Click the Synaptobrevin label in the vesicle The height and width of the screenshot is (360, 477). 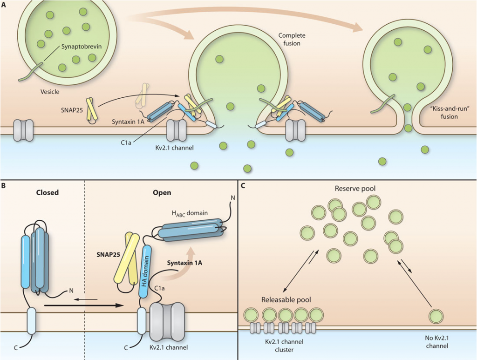[x=82, y=47]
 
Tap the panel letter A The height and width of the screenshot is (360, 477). [x=4, y=5]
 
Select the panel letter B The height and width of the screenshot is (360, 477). [x=3, y=185]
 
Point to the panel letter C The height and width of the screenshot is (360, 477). [x=243, y=185]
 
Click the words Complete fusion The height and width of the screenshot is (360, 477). [x=292, y=39]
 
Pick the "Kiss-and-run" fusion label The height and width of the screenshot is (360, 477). [x=449, y=113]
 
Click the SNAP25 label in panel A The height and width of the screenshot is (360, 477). [x=72, y=110]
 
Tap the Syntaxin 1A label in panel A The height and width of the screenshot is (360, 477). [x=128, y=122]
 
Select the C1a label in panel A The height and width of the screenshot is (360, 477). [x=126, y=142]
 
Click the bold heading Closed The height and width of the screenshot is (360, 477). [x=47, y=193]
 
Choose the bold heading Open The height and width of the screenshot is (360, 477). [x=162, y=193]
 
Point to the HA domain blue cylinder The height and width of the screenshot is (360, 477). [x=145, y=272]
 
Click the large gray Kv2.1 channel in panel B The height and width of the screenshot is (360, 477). [x=167, y=322]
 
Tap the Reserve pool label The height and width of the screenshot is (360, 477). [x=355, y=189]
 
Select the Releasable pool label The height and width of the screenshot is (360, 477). [x=286, y=300]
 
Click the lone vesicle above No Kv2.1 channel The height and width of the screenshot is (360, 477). [x=436, y=316]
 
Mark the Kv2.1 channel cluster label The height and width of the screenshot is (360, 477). [x=284, y=346]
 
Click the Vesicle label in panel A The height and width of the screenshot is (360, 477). [x=50, y=92]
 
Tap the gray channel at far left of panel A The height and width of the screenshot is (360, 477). [x=23, y=130]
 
